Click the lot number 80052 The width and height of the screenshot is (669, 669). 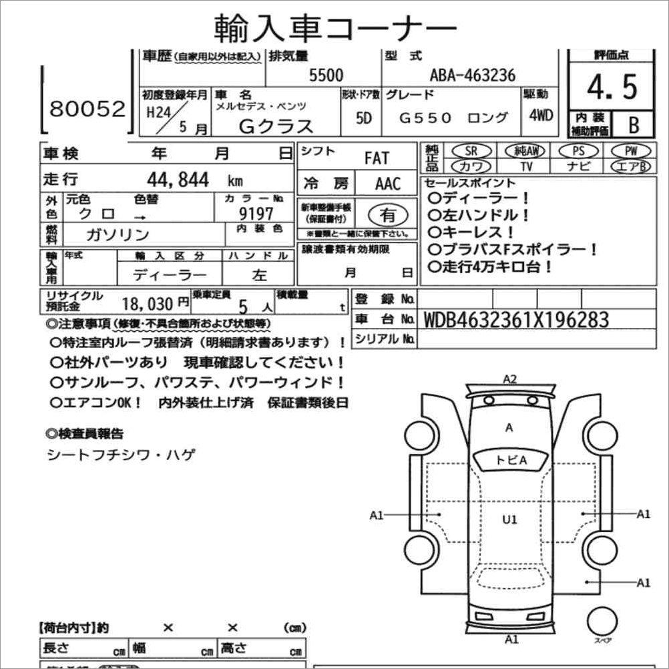click(x=87, y=109)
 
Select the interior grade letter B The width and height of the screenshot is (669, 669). click(x=634, y=124)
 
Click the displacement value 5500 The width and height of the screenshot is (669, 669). click(x=326, y=75)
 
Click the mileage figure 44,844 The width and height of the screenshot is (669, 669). click(x=178, y=179)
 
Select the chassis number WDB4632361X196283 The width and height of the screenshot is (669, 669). click(x=516, y=320)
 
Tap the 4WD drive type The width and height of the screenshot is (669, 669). click(x=541, y=115)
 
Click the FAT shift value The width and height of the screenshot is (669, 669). click(x=377, y=158)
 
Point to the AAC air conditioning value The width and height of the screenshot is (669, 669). click(x=388, y=183)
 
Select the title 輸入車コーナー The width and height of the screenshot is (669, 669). click(x=335, y=27)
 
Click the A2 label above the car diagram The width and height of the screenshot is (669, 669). click(x=510, y=379)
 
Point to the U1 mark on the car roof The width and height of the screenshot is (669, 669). click(x=510, y=519)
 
